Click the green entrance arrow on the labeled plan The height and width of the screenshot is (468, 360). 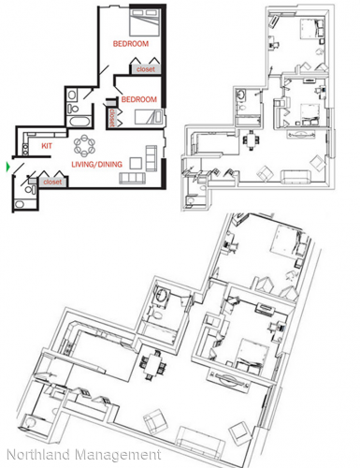(9, 168)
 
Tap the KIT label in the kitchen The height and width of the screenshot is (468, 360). (47, 146)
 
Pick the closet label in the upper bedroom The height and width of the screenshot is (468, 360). (146, 69)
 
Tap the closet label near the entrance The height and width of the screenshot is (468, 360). (52, 183)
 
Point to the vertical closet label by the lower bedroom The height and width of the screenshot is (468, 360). (114, 118)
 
